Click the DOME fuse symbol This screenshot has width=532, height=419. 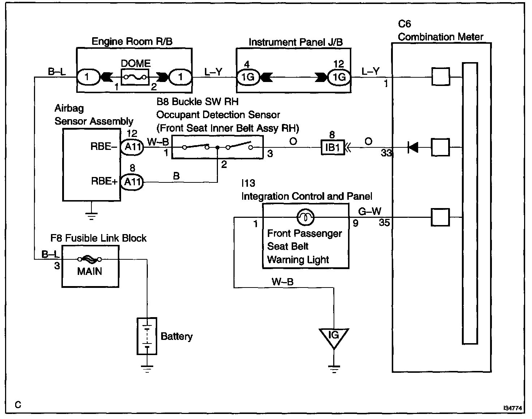[x=135, y=77]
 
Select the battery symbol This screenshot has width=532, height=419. [x=147, y=336]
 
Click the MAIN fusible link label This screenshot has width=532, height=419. [x=90, y=271]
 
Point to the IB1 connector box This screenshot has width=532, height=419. [x=332, y=147]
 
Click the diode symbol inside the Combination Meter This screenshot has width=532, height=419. [x=413, y=147]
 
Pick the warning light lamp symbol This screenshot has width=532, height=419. [x=305, y=217]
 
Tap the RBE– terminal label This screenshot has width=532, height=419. [x=104, y=146]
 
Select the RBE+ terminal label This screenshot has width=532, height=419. [x=104, y=181]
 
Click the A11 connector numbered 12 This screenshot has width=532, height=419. [x=132, y=147]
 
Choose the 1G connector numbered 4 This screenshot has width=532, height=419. [x=248, y=77]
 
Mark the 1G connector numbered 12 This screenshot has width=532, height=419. [x=339, y=77]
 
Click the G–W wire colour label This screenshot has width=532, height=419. [x=370, y=211]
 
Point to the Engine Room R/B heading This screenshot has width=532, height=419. [x=132, y=41]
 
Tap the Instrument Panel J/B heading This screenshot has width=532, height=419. [x=296, y=42]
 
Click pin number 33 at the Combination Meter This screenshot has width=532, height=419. [x=386, y=153]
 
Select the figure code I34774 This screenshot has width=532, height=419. [x=513, y=408]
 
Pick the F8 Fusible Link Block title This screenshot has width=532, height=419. [x=98, y=238]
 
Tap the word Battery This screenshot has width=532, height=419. [x=176, y=337]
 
